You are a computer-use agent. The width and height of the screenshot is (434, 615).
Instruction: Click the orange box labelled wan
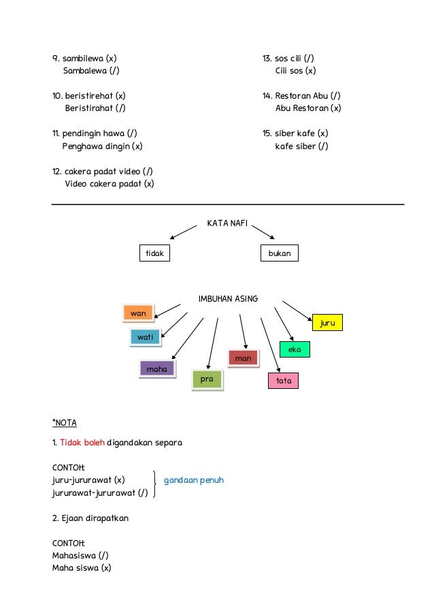[139, 313]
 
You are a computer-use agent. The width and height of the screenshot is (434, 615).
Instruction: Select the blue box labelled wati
[145, 337]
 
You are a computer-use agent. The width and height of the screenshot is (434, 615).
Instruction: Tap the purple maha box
[156, 369]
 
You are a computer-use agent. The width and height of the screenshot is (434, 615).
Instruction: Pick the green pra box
[207, 379]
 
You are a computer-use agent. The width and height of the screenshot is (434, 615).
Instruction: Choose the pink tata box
[284, 381]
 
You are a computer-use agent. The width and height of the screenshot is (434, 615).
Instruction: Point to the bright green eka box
[295, 349]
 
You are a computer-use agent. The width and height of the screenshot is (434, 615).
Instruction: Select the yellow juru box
[327, 323]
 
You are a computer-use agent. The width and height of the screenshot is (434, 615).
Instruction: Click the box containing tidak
[154, 253]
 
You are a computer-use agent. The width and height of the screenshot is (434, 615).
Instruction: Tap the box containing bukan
[280, 253]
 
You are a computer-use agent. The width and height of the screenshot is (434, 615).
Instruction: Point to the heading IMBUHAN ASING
[229, 298]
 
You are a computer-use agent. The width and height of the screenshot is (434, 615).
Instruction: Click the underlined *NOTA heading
[65, 423]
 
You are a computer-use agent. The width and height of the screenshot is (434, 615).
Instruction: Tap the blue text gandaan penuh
[194, 480]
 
